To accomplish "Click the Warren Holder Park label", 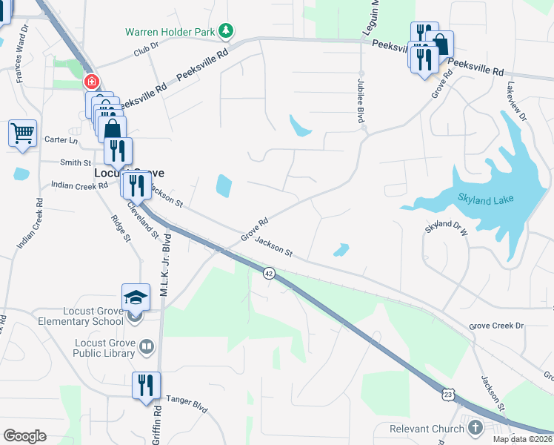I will click(170, 31).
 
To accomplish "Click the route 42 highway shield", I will click(268, 273).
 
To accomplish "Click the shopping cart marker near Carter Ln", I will click(23, 134).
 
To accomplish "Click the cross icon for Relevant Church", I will click(475, 428).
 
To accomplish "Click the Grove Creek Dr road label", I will click(496, 326).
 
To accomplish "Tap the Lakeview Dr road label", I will click(517, 101).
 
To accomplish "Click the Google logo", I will click(24, 436).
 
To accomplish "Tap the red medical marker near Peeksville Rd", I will click(92, 82).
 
